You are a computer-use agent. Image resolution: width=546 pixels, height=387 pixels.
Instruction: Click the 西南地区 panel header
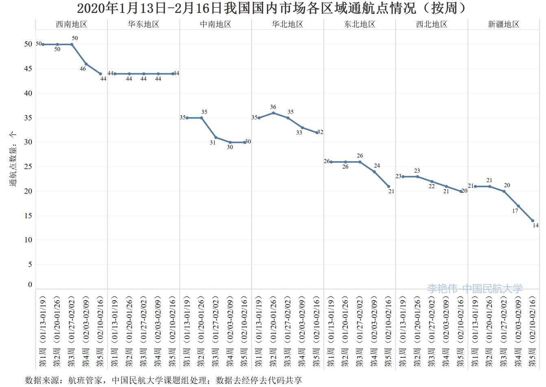pyautogui.click(x=72, y=24)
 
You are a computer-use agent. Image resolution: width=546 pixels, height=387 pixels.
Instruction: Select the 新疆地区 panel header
pyautogui.click(x=504, y=24)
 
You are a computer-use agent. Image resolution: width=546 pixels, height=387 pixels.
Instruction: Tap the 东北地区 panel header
pyautogui.click(x=360, y=24)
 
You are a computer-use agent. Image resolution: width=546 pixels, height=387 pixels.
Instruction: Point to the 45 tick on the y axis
pyautogui.click(x=28, y=69)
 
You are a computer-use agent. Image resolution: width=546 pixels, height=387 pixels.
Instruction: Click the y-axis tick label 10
pyautogui.click(x=28, y=240)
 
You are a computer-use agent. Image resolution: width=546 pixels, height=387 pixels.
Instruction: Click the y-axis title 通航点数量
pyautogui.click(x=13, y=159)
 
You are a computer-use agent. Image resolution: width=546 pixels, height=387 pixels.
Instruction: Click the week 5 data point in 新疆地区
pyautogui.click(x=533, y=221)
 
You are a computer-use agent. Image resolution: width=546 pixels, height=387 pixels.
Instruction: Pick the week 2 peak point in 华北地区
pyautogui.click(x=273, y=113)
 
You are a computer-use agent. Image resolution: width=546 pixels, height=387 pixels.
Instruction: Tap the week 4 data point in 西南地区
pyautogui.click(x=86, y=64)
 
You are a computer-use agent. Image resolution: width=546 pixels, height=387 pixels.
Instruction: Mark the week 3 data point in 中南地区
pyautogui.click(x=216, y=137)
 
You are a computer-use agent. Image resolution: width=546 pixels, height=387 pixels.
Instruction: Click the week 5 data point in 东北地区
pyautogui.click(x=389, y=187)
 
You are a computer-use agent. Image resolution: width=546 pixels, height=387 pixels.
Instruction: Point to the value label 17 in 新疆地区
pyautogui.click(x=515, y=211)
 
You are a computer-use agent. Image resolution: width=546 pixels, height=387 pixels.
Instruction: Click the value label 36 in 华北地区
pyautogui.click(x=273, y=107)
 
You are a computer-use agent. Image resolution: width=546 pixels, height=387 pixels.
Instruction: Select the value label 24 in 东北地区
pyautogui.click(x=377, y=166)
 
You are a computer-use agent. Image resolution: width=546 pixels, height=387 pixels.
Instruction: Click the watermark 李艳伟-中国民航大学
pyautogui.click(x=475, y=289)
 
